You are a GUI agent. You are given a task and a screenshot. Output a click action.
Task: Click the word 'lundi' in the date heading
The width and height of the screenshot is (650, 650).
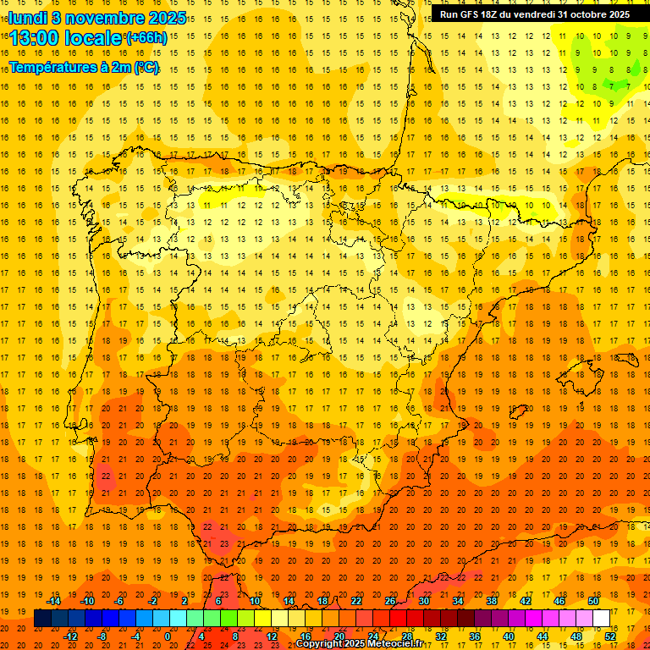point(27,17)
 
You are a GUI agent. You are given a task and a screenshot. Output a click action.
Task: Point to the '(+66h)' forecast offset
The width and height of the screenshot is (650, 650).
point(146,38)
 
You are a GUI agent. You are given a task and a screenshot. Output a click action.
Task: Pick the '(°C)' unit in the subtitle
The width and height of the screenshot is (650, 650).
point(146,67)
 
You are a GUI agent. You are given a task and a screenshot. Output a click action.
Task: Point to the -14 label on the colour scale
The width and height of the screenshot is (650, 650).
point(54,601)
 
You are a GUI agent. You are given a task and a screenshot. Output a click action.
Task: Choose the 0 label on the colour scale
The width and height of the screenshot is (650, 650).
point(168,636)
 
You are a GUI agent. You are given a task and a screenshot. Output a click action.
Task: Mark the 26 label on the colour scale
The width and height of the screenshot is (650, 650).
point(390,601)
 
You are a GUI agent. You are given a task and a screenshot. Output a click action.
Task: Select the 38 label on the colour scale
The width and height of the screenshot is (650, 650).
point(492,601)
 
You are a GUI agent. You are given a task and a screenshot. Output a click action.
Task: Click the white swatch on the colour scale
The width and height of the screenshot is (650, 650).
point(601,619)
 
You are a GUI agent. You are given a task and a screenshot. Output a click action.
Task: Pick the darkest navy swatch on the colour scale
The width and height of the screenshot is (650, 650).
point(42,619)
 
